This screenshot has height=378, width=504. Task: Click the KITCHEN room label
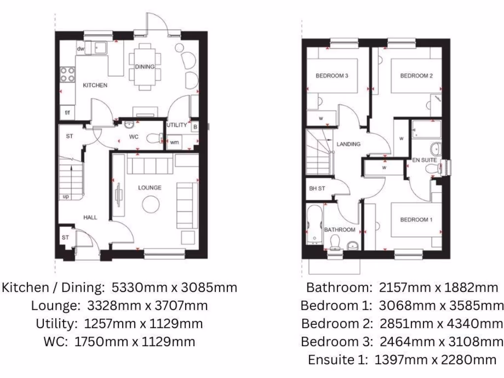94,85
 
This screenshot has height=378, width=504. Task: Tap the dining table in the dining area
145,67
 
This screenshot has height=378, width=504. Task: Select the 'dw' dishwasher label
81,49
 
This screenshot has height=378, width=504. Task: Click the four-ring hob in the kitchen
67,74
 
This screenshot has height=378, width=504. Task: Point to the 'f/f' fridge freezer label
67,113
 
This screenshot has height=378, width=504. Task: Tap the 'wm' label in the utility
174,143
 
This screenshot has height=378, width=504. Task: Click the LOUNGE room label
150,188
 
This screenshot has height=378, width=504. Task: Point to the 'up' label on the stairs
65,196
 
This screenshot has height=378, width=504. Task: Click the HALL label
90,217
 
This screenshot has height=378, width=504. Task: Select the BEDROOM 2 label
416,76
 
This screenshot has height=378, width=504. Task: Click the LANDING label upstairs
348,144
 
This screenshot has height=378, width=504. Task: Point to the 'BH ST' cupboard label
317,189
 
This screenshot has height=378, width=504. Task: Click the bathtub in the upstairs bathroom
314,225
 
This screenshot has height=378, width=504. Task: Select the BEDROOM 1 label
416,220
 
